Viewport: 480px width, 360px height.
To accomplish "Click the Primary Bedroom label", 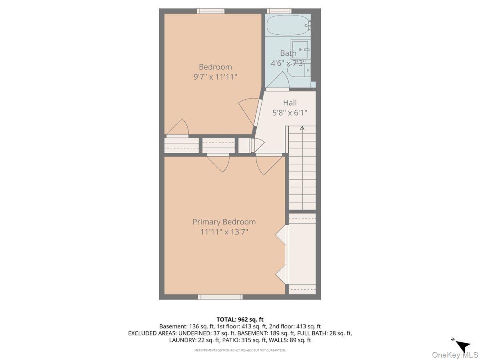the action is coord(224,222).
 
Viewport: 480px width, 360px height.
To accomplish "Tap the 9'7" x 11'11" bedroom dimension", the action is coord(215,77).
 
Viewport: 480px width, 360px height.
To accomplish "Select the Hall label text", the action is coord(290,103).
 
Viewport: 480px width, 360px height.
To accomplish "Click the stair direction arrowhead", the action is coord(302,128).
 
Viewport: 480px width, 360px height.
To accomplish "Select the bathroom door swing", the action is coord(278,80).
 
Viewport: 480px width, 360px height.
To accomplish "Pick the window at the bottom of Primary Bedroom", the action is coord(220,297).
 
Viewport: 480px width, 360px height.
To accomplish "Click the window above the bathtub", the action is coord(279,11).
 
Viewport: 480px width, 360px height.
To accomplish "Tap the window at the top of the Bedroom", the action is coord(210,11).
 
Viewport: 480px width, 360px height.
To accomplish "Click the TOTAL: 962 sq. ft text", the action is coord(240,320).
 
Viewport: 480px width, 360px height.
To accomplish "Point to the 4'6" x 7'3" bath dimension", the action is coord(288,63).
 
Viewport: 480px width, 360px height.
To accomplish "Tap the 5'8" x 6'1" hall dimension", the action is coord(290,113).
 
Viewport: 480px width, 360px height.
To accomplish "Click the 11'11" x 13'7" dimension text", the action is coord(224,232).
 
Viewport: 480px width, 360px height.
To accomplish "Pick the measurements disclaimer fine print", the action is coord(240,350).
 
